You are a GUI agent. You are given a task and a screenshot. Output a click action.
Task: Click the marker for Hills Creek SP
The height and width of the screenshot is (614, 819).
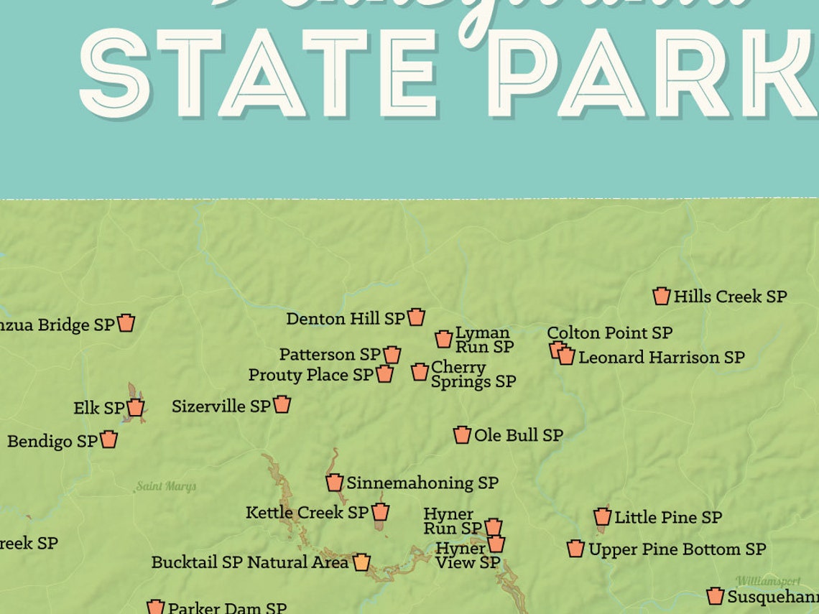click(x=661, y=296)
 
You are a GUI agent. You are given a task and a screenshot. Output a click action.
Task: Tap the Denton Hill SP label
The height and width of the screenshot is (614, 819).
click(x=345, y=318)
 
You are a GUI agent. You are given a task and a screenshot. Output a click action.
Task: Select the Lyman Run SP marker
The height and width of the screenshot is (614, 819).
click(x=443, y=339)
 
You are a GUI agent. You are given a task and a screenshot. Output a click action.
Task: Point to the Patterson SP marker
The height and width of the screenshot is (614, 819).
click(x=392, y=355)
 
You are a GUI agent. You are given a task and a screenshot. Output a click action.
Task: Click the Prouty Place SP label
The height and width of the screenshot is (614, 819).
click(x=310, y=375)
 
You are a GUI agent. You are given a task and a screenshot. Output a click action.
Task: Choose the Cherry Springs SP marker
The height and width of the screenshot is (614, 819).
click(x=420, y=372)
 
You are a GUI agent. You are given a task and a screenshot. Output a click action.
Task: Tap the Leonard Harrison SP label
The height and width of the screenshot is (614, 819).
click(x=661, y=357)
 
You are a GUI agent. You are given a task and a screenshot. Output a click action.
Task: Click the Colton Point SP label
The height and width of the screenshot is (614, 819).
click(x=609, y=333)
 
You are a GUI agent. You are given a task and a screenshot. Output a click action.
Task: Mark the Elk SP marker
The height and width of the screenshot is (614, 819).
click(x=135, y=408)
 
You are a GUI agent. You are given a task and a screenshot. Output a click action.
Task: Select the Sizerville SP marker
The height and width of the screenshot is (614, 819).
click(x=282, y=405)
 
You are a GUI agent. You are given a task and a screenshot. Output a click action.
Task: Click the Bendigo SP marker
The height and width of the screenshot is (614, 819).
click(x=108, y=439)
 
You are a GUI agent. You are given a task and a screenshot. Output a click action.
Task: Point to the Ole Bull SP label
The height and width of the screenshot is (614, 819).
click(x=518, y=435)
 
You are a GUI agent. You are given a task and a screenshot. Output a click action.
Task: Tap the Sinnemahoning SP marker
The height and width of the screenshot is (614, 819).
click(x=334, y=483)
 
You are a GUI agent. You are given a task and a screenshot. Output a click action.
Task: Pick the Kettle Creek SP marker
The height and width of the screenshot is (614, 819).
click(x=380, y=512)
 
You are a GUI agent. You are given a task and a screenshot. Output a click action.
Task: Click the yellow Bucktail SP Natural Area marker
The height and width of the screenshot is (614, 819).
click(x=361, y=562)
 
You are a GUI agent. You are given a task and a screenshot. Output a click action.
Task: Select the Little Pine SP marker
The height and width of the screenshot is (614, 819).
click(x=602, y=517)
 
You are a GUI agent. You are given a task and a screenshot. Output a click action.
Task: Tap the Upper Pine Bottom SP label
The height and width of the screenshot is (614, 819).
click(x=677, y=549)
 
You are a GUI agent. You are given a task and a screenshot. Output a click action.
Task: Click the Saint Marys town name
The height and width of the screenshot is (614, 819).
click(x=166, y=487)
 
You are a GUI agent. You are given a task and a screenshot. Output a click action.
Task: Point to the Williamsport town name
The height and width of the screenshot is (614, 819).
click(x=767, y=581)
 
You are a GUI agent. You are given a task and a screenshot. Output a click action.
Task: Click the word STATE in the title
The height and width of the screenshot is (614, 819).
click(x=259, y=73)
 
